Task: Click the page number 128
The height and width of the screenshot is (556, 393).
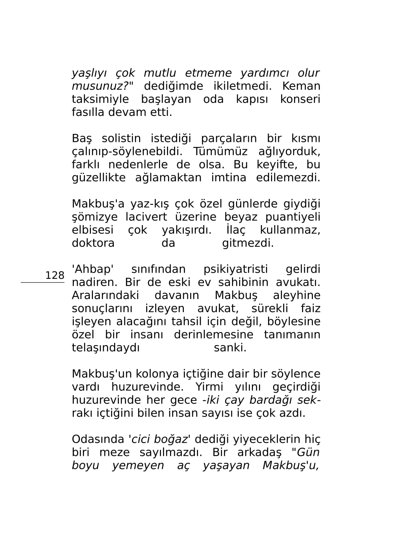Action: tap(55, 275)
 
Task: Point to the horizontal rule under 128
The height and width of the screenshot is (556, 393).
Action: tap(42, 283)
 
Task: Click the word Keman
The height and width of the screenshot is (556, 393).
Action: tap(301, 86)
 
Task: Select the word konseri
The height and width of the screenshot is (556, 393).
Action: tap(300, 99)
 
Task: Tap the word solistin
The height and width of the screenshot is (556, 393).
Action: tap(121, 138)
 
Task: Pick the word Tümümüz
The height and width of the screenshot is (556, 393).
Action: tap(220, 151)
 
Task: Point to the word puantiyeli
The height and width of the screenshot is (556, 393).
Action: tap(293, 217)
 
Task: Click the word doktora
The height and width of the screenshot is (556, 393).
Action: tap(93, 243)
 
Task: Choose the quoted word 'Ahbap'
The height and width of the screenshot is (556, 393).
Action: tap(93, 269)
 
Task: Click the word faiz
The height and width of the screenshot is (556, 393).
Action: tap(310, 308)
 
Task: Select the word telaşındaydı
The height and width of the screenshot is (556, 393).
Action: tap(106, 347)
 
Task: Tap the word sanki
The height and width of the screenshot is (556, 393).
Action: tap(230, 347)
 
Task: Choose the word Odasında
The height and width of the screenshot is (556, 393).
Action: tap(98, 439)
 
